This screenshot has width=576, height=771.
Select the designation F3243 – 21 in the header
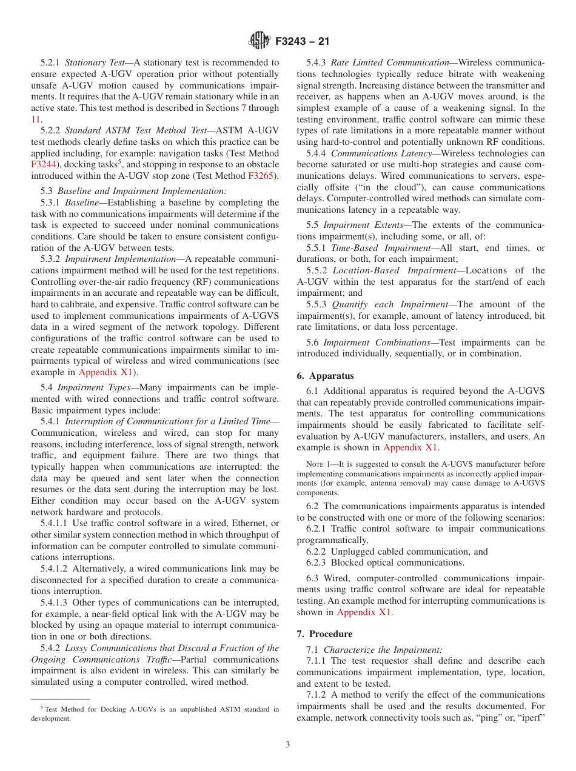(x=303, y=42)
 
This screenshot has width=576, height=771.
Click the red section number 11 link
(x=36, y=119)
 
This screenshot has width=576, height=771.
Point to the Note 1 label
(x=317, y=464)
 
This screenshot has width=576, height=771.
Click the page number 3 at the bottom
(x=288, y=744)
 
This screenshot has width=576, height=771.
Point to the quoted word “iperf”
(x=533, y=718)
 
